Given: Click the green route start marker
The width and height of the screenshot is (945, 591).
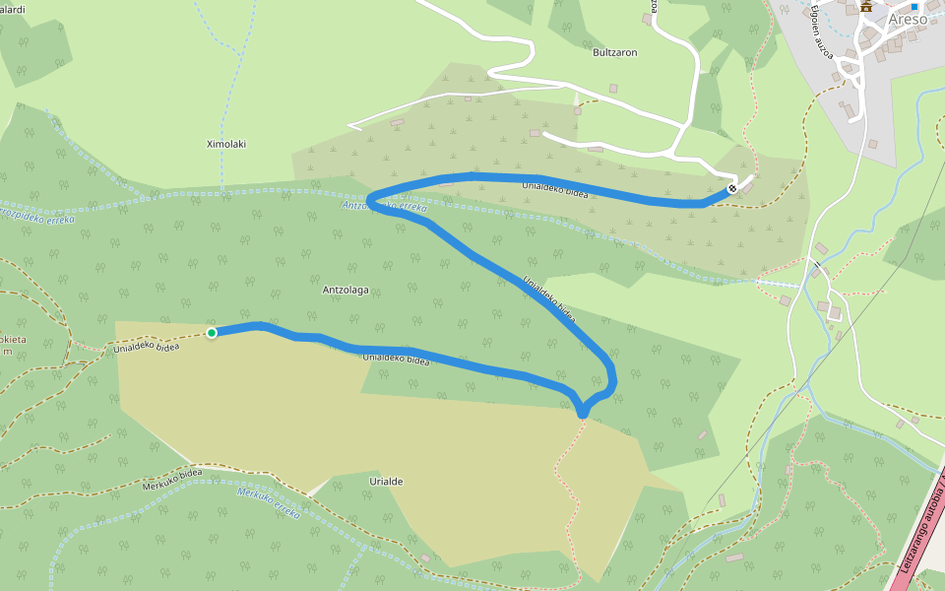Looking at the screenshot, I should pos(212,333).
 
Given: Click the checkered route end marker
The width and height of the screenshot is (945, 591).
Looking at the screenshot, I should pos(732,188).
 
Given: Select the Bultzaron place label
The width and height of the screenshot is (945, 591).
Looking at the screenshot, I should pos(615,53).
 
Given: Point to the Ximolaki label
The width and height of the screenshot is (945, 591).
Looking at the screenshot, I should pos(225,144).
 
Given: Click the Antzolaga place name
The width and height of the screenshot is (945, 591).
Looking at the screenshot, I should pos(346,290).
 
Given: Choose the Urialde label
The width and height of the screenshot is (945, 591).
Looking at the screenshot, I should pos(386,481).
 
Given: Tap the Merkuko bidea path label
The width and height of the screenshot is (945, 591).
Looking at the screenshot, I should pos(172,479).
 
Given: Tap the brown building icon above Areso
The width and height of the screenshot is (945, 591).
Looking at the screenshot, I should pos(866,6).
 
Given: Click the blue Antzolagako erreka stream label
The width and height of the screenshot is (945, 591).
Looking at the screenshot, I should pos(384,207).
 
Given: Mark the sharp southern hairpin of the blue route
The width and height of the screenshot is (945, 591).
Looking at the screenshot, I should pos(583,411).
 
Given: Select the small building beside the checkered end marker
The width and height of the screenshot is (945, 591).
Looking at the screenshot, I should pos(745,188).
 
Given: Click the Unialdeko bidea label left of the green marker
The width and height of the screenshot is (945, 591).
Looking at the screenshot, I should pos(146,347).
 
